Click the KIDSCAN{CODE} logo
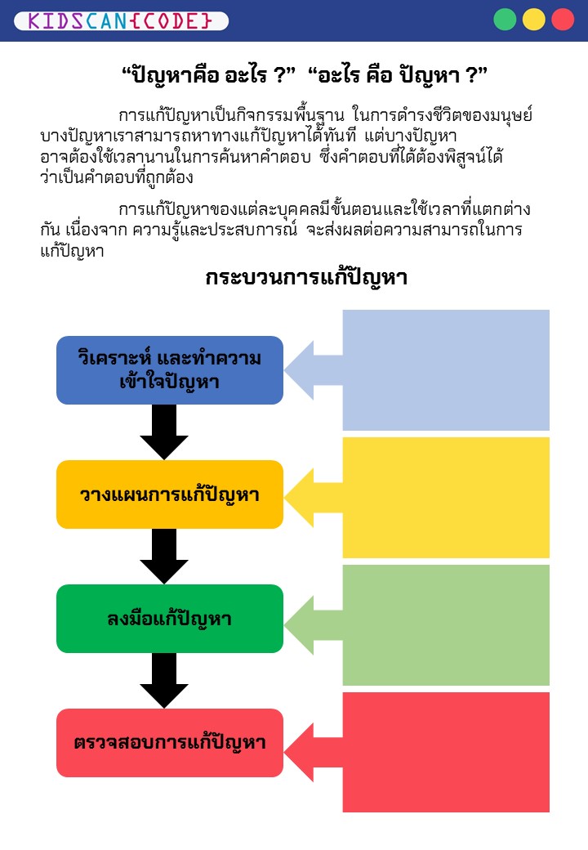point(121,20)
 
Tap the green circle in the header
point(505,20)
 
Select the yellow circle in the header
point(534,20)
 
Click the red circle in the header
point(563,20)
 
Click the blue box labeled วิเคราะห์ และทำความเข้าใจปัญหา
point(169,370)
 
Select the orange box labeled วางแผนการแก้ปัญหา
point(169,494)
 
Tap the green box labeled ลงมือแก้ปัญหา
point(169,619)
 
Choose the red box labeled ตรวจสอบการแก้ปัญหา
point(169,743)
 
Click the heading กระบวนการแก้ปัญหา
point(306,278)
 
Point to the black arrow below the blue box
point(164,432)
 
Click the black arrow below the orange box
point(164,556)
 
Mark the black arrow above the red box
point(164,680)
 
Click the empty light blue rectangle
point(446,370)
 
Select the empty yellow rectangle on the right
point(446,498)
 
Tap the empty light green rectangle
point(446,625)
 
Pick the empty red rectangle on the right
point(446,752)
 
